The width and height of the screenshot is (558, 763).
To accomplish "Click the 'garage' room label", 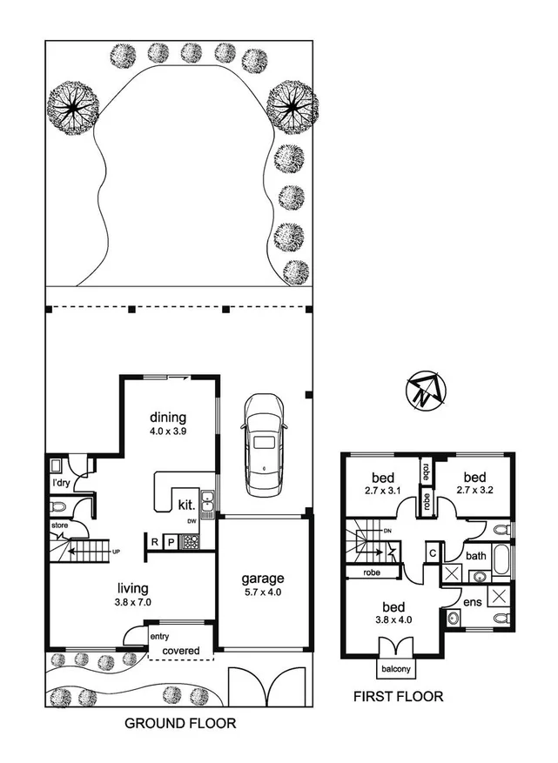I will coord(262,578).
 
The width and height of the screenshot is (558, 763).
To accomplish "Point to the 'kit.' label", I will coord(185,504).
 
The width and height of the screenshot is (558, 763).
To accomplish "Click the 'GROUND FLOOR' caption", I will coord(179,723).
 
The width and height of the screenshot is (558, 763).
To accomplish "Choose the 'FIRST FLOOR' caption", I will coord(397,696).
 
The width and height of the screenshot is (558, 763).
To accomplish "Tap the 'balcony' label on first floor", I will coord(396,669).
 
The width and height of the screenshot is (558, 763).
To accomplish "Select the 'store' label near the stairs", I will coord(59,525).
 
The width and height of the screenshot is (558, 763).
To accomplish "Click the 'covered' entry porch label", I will coord(181,651).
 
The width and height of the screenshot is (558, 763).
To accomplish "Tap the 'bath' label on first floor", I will coord(475,555).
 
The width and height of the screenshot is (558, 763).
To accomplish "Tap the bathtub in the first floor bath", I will coord(503,562).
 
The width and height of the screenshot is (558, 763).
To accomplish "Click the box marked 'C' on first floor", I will coord(433,552).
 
